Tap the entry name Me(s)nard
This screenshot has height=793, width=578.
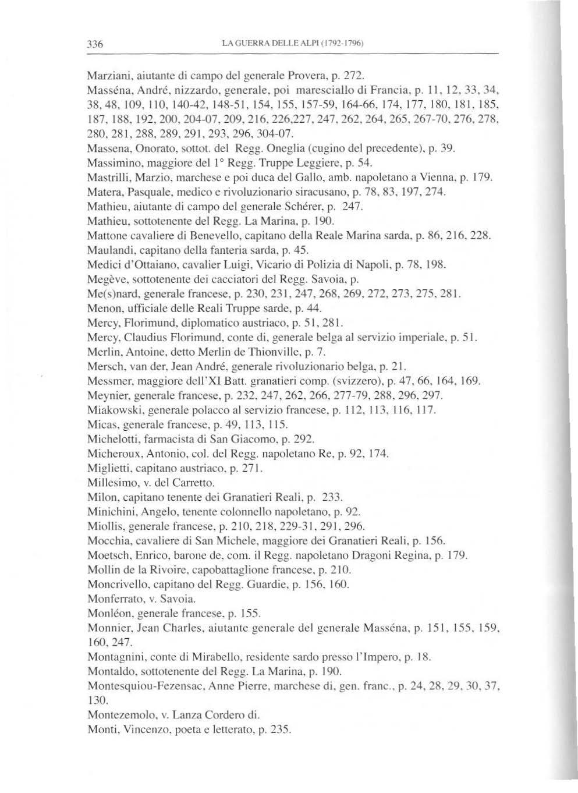tap(110, 295)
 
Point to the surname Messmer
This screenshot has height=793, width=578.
tap(107, 381)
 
